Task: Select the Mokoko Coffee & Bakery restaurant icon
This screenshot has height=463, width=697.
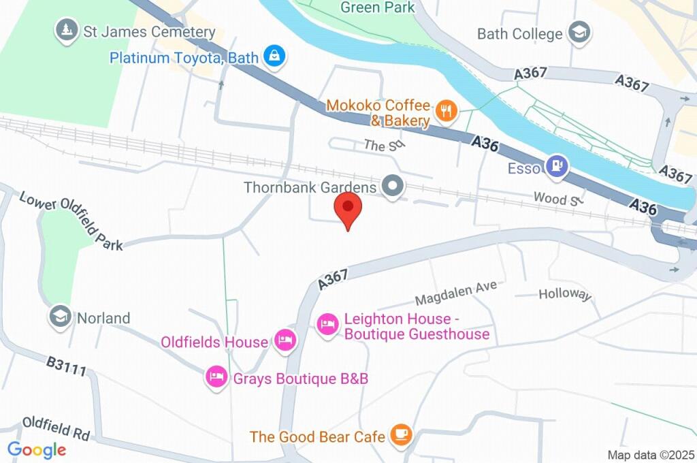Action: [x=446, y=111]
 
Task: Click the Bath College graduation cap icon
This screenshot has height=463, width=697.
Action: [x=579, y=32]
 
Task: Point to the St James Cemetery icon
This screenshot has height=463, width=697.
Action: [x=66, y=30]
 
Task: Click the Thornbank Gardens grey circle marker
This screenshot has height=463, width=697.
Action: [x=392, y=186]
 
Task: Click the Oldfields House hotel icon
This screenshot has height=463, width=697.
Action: [x=285, y=340]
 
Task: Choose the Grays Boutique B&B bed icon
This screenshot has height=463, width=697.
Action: [x=216, y=377]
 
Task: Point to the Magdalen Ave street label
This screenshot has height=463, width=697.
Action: [x=456, y=293]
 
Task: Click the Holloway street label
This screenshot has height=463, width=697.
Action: [x=565, y=294]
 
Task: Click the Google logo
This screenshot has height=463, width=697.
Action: [x=36, y=450]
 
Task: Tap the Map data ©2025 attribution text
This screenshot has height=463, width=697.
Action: [x=651, y=455]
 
